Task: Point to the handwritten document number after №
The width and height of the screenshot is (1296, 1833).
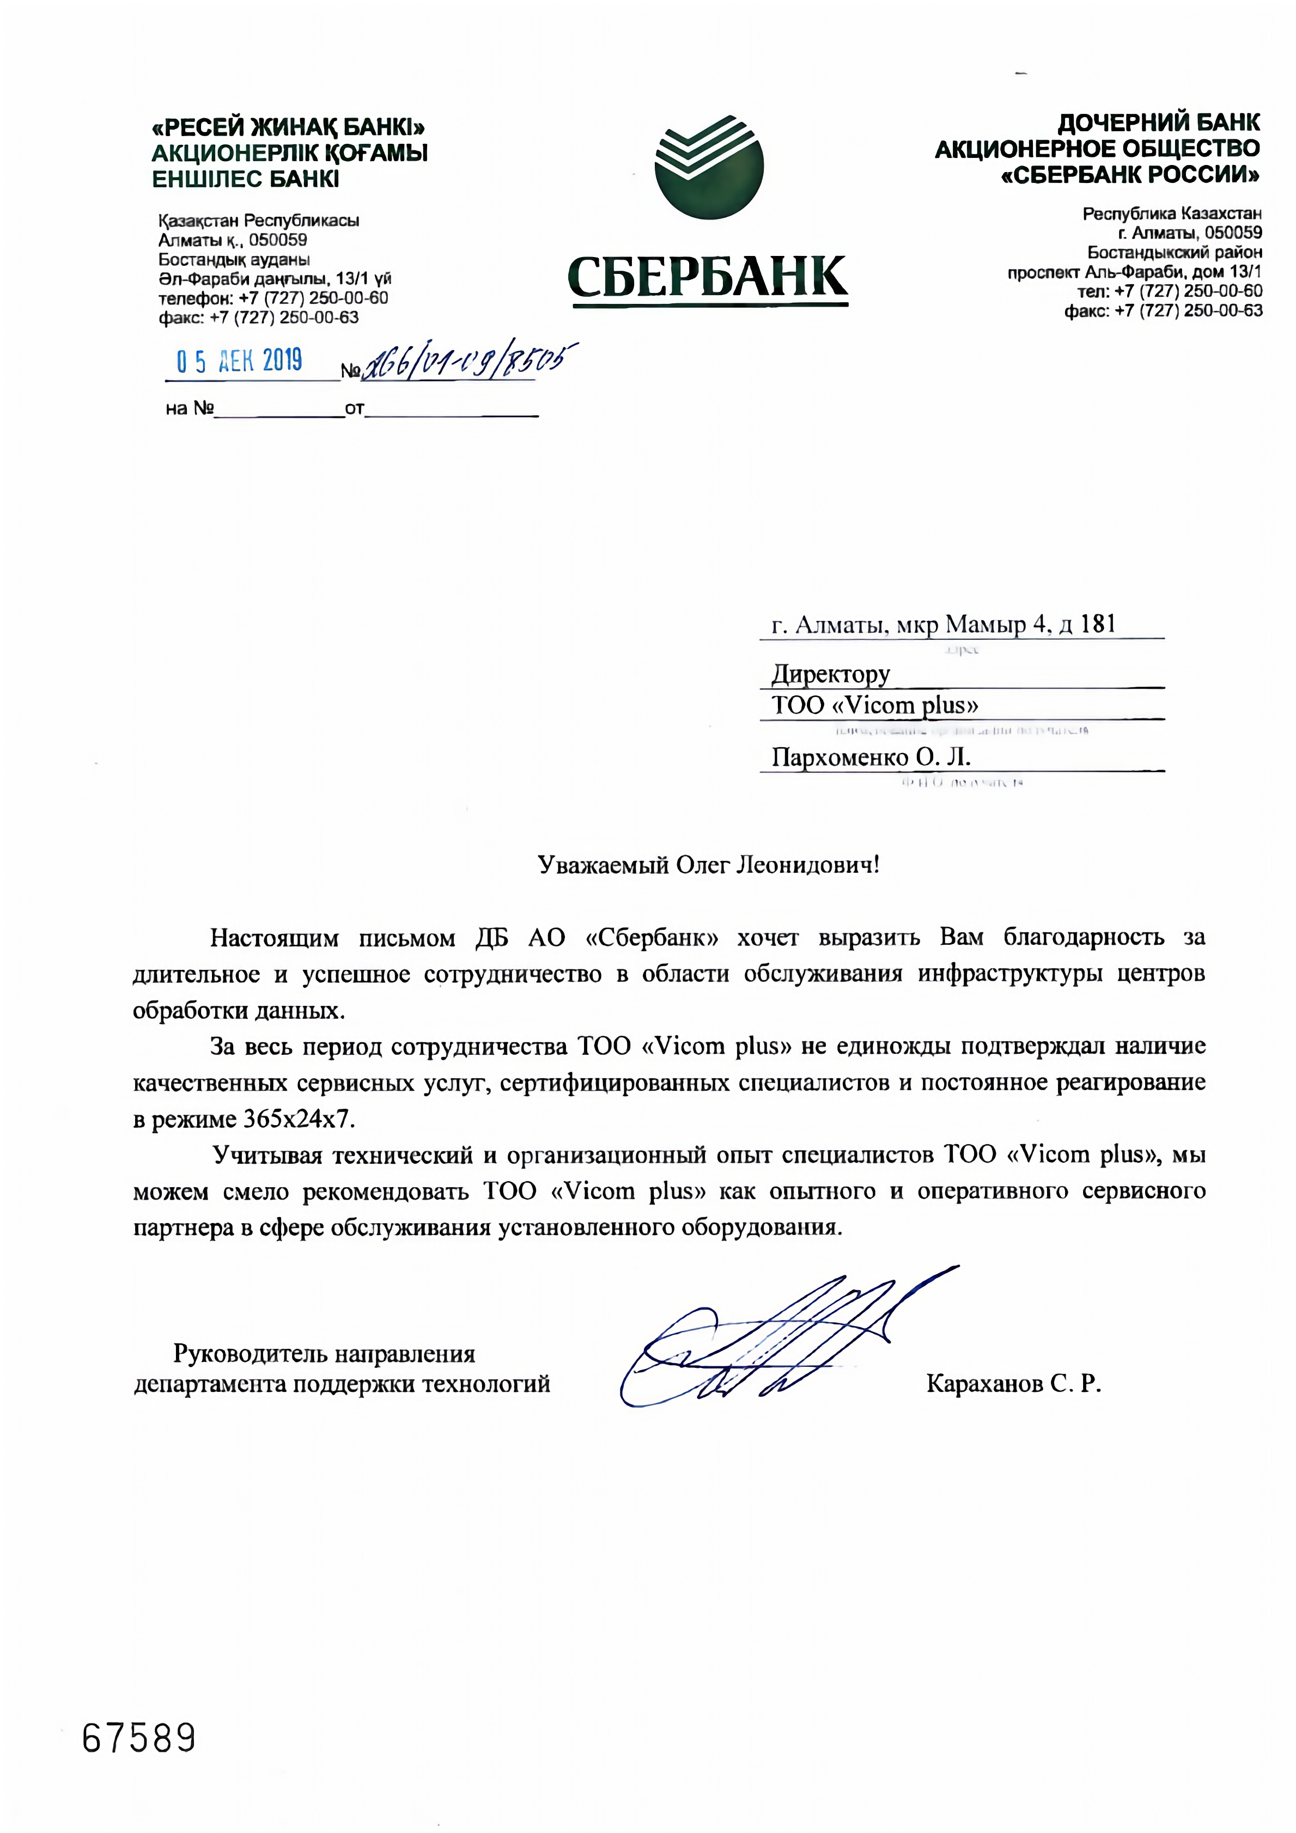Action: pyautogui.click(x=470, y=363)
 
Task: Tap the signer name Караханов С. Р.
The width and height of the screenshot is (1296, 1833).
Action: pyautogui.click(x=1013, y=1384)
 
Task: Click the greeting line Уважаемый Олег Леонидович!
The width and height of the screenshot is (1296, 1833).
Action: pyautogui.click(x=708, y=865)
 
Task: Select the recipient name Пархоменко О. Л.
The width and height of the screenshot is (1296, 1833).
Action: pyautogui.click(x=871, y=757)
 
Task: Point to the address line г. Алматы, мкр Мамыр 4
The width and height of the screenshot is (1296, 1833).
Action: pyautogui.click(x=942, y=624)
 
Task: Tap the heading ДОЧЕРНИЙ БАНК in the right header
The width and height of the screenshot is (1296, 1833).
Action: pyautogui.click(x=1158, y=123)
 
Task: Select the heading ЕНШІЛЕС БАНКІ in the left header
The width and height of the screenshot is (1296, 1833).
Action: pyautogui.click(x=246, y=179)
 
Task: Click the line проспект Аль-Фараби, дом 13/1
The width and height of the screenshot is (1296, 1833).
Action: pyautogui.click(x=1134, y=272)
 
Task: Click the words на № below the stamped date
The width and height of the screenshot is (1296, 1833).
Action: pyautogui.click(x=189, y=410)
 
